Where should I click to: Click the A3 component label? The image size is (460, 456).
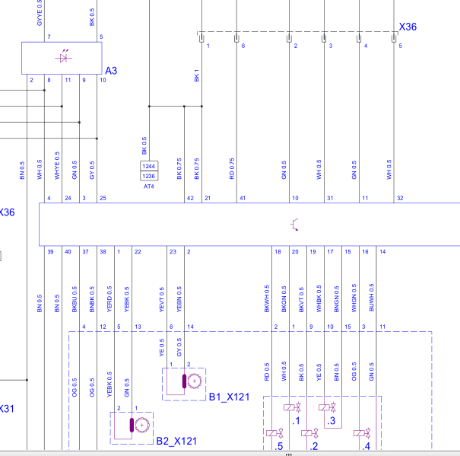coord(111,71)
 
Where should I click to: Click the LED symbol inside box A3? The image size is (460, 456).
coord(64,56)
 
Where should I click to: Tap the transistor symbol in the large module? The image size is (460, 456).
coord(294,225)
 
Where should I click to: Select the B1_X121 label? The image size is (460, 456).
coord(229,397)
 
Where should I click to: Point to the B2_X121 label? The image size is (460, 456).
coord(176,441)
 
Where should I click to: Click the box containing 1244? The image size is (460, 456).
coord(149,166)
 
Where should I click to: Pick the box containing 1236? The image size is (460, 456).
coord(149,176)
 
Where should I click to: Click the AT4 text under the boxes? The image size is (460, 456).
coord(149,187)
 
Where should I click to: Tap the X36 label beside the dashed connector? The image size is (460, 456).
coord(408,27)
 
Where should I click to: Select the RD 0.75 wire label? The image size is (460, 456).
coord(232,169)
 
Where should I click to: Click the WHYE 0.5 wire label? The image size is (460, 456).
coord(57,165)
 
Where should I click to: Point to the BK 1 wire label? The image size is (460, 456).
coord(197,75)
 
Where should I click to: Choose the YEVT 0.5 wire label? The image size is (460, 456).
coord(162,299)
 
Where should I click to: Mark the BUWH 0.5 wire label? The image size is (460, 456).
coord(371,298)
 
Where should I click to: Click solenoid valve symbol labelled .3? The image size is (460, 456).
coord(327,407)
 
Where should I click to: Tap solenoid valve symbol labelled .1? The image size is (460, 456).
coord(292,407)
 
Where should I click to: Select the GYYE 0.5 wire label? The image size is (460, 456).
coord(40,13)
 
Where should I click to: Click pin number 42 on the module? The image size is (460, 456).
coord(190,198)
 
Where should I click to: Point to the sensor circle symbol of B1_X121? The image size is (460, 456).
coord(194,381)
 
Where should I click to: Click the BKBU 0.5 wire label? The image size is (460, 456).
coord(75,299)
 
